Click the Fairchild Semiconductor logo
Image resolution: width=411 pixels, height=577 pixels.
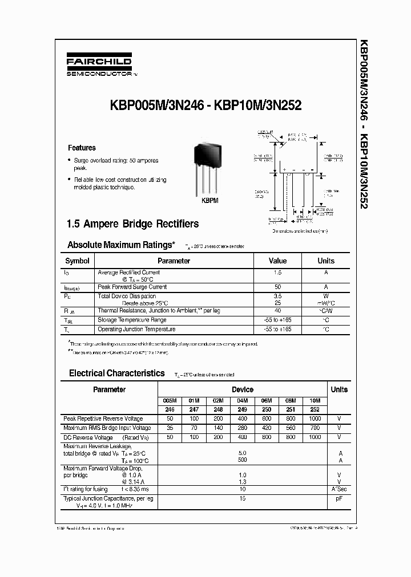pos(100,66)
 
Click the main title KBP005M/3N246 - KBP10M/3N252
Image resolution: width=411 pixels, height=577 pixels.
pos(202,105)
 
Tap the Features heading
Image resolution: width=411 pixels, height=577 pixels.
pos(82,148)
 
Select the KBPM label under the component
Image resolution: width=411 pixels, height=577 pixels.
pos(209,201)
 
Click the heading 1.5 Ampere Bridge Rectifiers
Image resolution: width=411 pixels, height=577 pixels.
pos(134,224)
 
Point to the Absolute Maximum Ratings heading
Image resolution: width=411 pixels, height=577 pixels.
pos(121,245)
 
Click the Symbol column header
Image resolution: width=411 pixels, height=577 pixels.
pos(77,261)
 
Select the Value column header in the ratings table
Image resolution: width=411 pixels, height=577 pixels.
pos(277,261)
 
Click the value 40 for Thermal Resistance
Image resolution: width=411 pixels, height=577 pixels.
pos(277,311)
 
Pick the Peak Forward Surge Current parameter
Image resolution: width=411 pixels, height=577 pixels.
pos(132,287)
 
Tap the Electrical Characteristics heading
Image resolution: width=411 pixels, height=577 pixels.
pos(116,373)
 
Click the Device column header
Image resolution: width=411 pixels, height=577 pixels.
pos(242,389)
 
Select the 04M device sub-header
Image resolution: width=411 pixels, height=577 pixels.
pos(242,401)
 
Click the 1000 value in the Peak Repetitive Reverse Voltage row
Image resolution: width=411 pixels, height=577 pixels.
pos(315,418)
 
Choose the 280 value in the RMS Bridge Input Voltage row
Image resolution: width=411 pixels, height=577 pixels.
pos(242,428)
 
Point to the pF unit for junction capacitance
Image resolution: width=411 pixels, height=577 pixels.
pos(339,498)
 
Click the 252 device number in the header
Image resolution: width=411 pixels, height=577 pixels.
pos(315,409)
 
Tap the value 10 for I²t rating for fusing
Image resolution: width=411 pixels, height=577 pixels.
pos(242,489)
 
